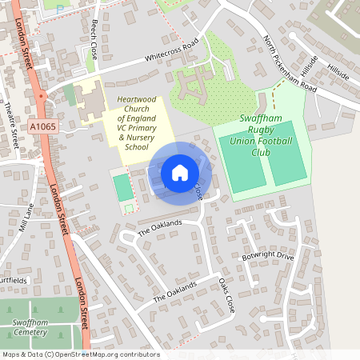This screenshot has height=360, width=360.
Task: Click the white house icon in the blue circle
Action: [180, 172]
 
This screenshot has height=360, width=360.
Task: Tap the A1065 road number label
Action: [43, 126]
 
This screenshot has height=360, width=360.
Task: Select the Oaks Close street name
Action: [226, 295]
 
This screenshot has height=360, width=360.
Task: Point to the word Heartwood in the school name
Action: [135, 99]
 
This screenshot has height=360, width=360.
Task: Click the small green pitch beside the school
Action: [122, 188]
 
